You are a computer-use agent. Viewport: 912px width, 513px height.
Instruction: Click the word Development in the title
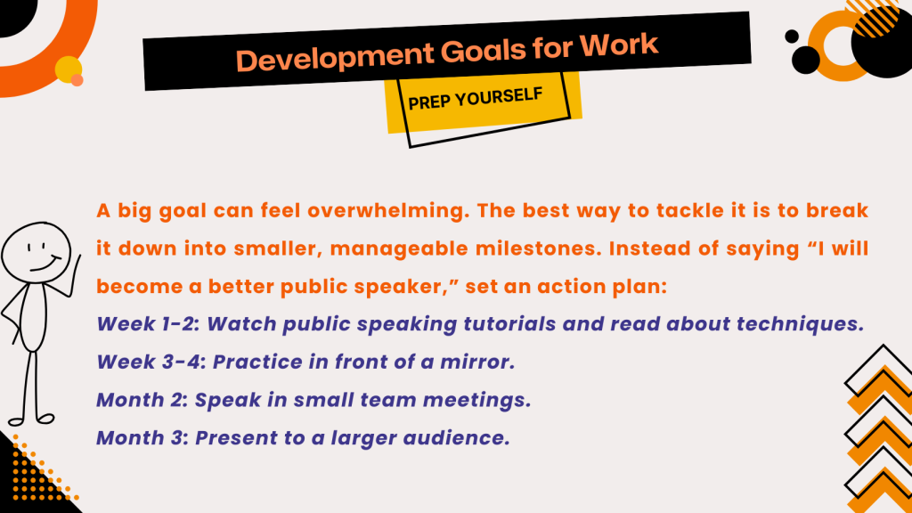coord(335,58)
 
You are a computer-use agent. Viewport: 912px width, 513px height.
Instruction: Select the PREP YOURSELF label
coord(476,99)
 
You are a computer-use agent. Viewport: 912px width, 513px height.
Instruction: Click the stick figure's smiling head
coord(36,253)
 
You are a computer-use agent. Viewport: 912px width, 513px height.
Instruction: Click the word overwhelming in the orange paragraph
coord(388,210)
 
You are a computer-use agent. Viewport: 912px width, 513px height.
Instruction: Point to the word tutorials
coord(509,324)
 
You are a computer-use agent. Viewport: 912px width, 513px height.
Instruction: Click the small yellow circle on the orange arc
coord(68,69)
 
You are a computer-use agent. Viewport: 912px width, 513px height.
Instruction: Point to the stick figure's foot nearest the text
coord(45,419)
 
